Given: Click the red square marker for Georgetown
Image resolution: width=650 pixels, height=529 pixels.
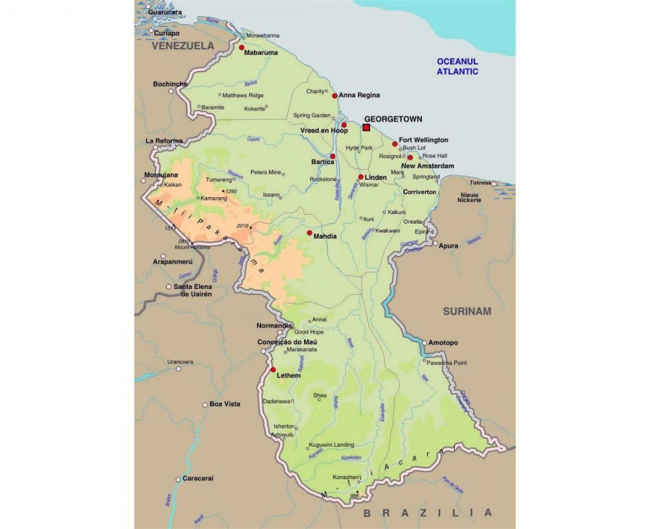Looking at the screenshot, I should click(366, 128).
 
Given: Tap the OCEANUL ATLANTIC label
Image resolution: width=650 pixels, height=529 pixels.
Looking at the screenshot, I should click(458, 66).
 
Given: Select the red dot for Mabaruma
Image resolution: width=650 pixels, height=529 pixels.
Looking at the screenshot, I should click(241, 48).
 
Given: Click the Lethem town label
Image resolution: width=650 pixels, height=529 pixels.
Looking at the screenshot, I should click(288, 375).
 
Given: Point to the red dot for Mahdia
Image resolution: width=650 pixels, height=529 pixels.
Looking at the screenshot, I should click(309, 233).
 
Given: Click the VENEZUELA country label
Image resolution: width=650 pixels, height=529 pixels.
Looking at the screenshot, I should click(183, 46).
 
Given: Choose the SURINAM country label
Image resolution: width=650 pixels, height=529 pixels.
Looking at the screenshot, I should click(467, 311).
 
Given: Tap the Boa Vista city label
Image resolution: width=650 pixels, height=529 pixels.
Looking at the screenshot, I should click(225, 404).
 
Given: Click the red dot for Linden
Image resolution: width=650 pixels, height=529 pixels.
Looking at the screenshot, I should click(360, 177).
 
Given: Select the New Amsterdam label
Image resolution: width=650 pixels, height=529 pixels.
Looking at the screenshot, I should click(427, 166).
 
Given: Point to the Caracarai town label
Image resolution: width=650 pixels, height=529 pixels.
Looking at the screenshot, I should click(198, 479).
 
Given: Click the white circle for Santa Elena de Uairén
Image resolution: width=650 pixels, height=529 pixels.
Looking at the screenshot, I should click(168, 287).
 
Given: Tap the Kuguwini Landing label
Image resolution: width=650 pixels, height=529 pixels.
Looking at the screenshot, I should click(331, 445).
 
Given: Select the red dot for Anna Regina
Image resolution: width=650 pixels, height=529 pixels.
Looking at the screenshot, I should click(334, 96).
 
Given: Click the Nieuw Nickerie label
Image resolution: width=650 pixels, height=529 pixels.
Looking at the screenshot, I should click(470, 197).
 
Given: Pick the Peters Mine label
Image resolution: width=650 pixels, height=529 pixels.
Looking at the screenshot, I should click(265, 173).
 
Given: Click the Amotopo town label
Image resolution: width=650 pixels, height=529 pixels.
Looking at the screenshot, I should click(443, 343).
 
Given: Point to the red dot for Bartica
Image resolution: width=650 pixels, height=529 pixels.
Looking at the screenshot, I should click(333, 156).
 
